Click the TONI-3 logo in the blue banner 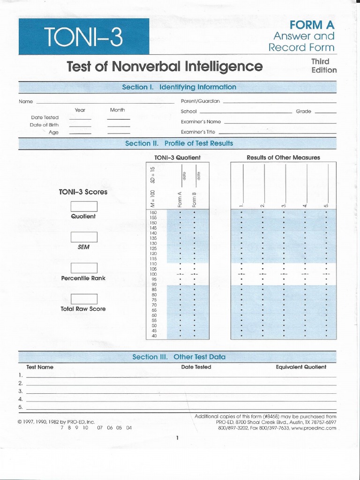83,37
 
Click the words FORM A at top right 312,24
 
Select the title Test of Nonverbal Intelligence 165,67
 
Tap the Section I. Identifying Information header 179,87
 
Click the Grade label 303,112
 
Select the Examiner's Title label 198,132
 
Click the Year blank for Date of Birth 80,125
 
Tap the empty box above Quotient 84,206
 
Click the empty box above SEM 84,237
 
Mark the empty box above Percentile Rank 84,268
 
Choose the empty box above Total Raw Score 84,299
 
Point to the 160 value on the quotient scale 153,213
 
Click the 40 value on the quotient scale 154,336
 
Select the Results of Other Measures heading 283,157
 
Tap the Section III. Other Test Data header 179,357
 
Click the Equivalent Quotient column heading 301,367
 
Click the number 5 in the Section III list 21,407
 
